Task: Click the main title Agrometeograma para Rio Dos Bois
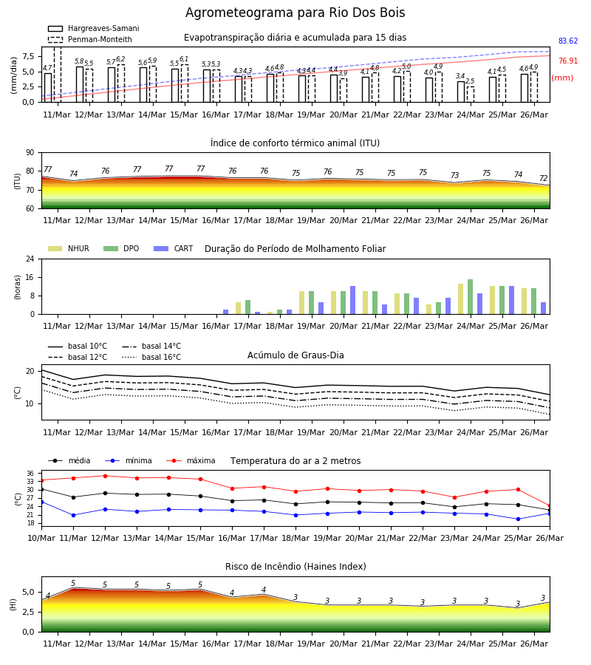tap(295, 13)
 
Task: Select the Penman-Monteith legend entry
tap(90, 39)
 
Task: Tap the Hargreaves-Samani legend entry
tap(93, 28)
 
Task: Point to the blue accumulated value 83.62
tap(567, 41)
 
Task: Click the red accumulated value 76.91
tap(567, 61)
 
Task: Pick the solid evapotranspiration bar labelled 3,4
tap(461, 92)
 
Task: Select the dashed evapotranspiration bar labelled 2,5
tap(471, 95)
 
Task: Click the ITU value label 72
tap(544, 178)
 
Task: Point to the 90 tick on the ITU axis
tap(30, 153)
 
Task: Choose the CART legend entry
tap(174, 248)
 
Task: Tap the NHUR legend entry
tap(69, 248)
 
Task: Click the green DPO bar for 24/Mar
tap(470, 297)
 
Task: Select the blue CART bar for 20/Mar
tap(352, 300)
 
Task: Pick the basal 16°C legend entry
tap(151, 357)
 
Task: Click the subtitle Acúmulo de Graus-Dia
tap(295, 355)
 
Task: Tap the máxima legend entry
tap(191, 460)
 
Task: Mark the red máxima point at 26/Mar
tap(550, 506)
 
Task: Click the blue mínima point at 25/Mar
tap(518, 519)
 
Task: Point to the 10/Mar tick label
tap(41, 538)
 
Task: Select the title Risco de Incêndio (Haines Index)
tap(295, 567)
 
